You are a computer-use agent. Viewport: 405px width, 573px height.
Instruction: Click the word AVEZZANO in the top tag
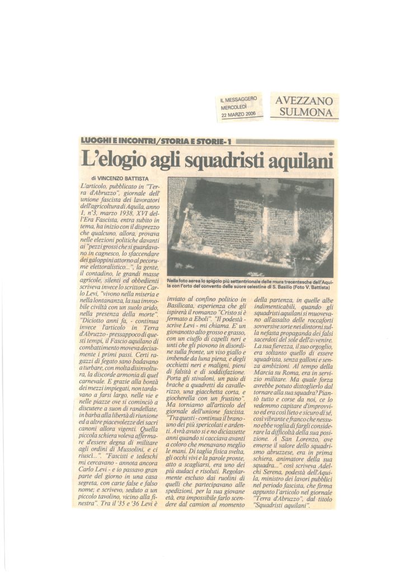pos(304,101)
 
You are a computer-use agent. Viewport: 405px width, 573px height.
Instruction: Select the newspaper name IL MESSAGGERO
pos(239,100)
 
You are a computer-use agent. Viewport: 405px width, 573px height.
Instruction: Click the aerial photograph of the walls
pos(251,227)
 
